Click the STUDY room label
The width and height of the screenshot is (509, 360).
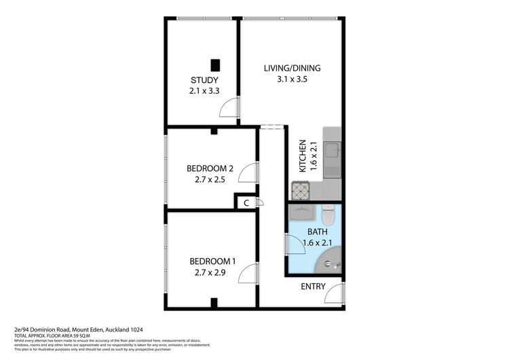pyautogui.click(x=204, y=79)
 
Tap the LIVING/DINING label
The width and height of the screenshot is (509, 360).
pyautogui.click(x=292, y=68)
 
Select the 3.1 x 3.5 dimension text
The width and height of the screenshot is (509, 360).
pyautogui.click(x=292, y=79)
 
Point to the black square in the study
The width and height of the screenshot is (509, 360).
pyautogui.click(x=216, y=65)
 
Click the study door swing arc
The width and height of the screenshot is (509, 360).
pyautogui.click(x=233, y=107)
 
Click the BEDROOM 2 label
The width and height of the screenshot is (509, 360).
pyautogui.click(x=210, y=169)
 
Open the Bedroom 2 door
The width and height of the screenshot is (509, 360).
pyautogui.click(x=250, y=173)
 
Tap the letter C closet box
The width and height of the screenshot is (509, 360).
pyautogui.click(x=246, y=202)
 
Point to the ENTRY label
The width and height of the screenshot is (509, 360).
pyautogui.click(x=313, y=286)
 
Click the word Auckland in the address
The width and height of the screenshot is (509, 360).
pyautogui.click(x=114, y=328)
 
